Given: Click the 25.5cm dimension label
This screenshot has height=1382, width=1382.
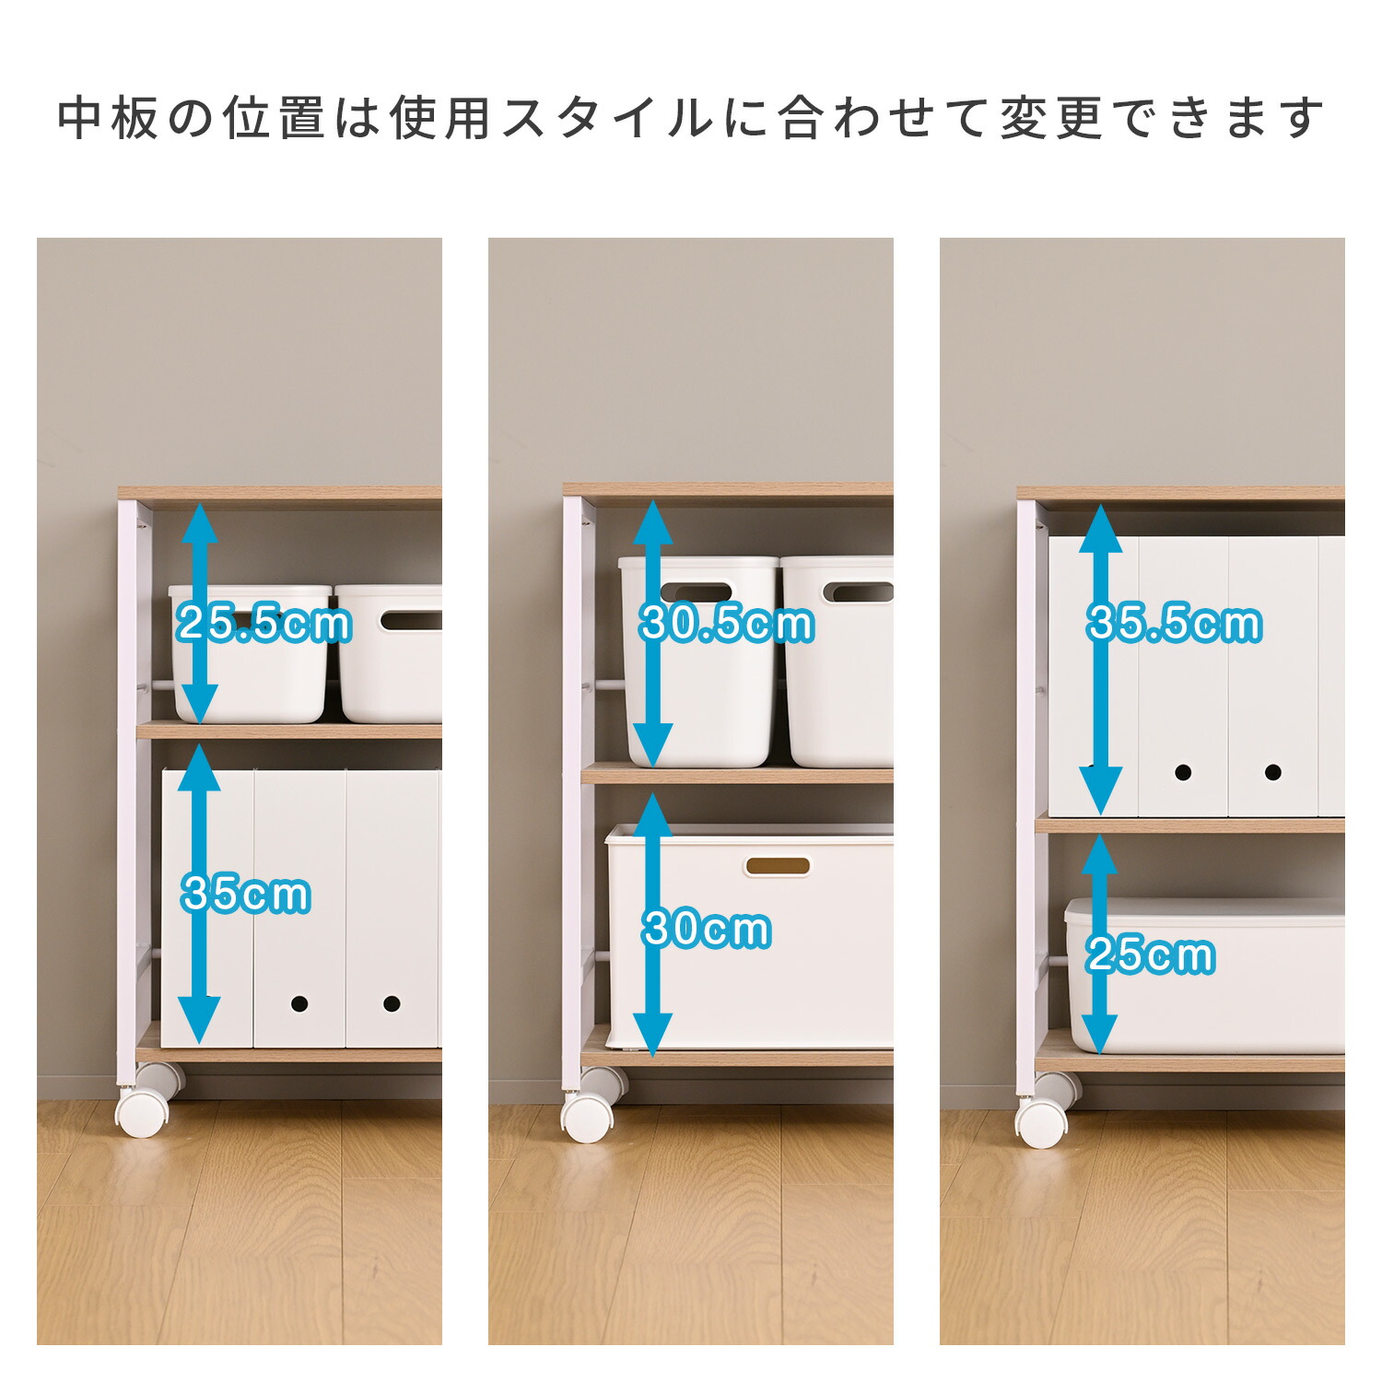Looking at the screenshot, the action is pyautogui.click(x=264, y=624).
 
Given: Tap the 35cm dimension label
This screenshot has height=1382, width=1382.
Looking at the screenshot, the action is pyautogui.click(x=246, y=894).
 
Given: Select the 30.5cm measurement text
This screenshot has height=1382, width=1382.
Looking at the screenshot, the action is pyautogui.click(x=727, y=624).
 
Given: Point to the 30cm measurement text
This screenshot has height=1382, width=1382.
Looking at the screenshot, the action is pyautogui.click(x=707, y=929).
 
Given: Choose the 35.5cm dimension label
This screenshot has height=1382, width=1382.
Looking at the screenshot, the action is pyautogui.click(x=1174, y=624).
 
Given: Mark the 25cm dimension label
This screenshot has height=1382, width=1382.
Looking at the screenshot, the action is pyautogui.click(x=1151, y=955).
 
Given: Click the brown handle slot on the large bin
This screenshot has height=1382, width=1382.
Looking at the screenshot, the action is pyautogui.click(x=778, y=866).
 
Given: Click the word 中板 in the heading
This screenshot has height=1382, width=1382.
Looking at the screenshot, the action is pyautogui.click(x=110, y=118).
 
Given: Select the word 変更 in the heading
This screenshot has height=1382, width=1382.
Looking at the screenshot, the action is pyautogui.click(x=1051, y=118).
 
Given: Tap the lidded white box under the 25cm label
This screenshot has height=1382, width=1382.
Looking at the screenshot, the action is pyautogui.click(x=1205, y=977).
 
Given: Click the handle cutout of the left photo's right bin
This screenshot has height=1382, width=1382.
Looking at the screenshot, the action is pyautogui.click(x=411, y=620).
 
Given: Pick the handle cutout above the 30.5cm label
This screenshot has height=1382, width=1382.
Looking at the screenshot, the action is pyautogui.click(x=697, y=592).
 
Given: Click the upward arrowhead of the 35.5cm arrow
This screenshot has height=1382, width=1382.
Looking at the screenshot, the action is pyautogui.click(x=1100, y=528).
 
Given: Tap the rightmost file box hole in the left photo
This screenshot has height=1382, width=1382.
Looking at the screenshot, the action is pyautogui.click(x=392, y=1003).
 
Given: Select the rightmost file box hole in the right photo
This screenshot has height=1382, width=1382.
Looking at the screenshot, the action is pyautogui.click(x=1272, y=772).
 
